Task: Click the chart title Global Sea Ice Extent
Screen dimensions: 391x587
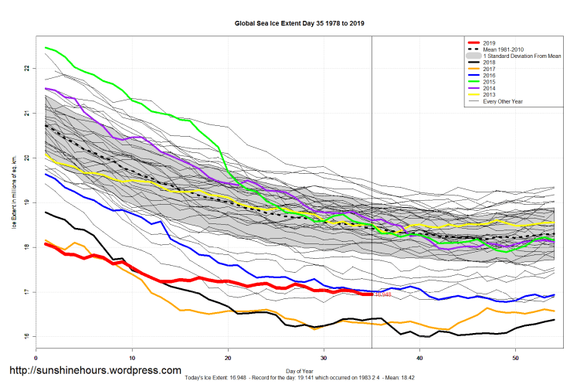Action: (299, 23)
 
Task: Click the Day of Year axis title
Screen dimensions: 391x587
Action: (299, 371)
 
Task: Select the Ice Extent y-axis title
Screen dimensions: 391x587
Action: (13, 202)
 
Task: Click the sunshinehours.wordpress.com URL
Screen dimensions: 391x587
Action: (94, 371)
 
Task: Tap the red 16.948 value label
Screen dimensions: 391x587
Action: (384, 294)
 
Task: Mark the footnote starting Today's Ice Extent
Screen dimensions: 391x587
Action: (299, 379)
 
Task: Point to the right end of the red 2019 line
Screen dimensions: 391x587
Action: (372, 294)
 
